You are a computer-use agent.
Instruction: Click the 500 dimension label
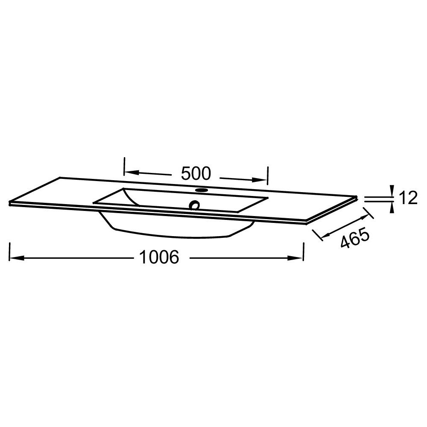(196, 173)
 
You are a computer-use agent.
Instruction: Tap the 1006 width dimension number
(159, 257)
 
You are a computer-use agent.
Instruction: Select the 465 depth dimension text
(355, 239)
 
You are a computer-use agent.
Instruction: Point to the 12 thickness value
(409, 198)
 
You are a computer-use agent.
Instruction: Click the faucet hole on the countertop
(202, 190)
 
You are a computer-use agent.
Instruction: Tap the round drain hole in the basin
(195, 205)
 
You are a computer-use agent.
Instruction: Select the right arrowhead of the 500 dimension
(260, 180)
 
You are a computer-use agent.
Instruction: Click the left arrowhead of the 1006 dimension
(17, 257)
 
